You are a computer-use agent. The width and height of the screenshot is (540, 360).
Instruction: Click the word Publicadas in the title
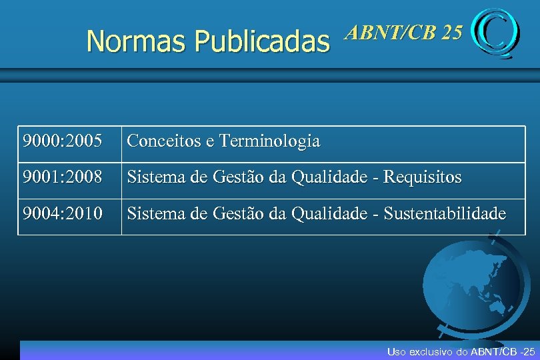click(x=261, y=41)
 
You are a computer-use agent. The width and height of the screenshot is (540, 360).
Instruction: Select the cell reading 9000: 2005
click(x=62, y=141)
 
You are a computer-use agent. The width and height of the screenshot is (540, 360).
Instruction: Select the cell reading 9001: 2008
click(x=62, y=177)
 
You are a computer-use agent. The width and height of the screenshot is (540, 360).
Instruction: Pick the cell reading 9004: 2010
click(x=62, y=214)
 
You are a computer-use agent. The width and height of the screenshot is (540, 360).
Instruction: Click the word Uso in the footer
click(x=395, y=351)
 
